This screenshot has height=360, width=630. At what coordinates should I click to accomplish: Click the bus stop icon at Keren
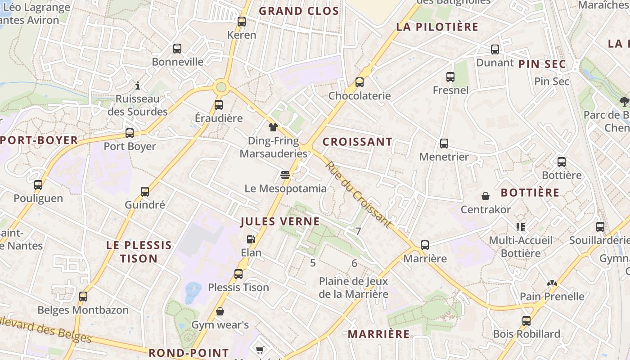click(x=242, y=21)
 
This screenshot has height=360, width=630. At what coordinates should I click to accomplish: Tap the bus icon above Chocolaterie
click(x=359, y=82)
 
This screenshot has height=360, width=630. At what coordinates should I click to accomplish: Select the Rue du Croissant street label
click(x=358, y=194)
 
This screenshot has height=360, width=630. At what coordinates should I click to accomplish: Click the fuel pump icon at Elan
click(x=251, y=239)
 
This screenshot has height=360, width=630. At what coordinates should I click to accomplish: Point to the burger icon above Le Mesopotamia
click(x=285, y=175)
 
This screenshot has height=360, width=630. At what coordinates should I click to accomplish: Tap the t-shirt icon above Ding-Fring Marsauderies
click(x=273, y=127)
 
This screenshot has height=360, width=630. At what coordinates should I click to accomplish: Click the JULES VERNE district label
click(x=280, y=221)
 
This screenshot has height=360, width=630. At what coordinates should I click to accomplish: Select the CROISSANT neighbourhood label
click(x=357, y=142)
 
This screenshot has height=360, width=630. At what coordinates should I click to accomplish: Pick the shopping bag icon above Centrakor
click(x=486, y=196)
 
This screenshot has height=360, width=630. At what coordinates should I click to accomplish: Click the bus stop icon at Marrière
click(x=425, y=245)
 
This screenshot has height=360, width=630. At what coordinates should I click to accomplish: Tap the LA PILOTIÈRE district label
click(x=437, y=27)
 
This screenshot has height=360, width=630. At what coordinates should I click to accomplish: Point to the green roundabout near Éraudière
click(x=221, y=86)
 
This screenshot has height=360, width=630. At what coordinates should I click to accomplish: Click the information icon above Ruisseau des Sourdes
click(x=138, y=85)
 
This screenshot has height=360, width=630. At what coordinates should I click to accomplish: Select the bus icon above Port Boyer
click(x=130, y=133)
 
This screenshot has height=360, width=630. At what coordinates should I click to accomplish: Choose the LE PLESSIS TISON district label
click(x=139, y=252)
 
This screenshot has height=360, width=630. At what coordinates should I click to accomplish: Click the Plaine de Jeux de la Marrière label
click(x=353, y=288)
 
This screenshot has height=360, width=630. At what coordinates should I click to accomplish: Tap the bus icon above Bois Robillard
click(x=526, y=320)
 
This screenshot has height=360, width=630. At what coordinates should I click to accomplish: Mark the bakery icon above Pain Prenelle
click(x=552, y=283)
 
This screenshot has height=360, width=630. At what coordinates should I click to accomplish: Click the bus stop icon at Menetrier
click(x=444, y=143)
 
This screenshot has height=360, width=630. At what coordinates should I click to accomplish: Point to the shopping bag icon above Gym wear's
click(x=220, y=311)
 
